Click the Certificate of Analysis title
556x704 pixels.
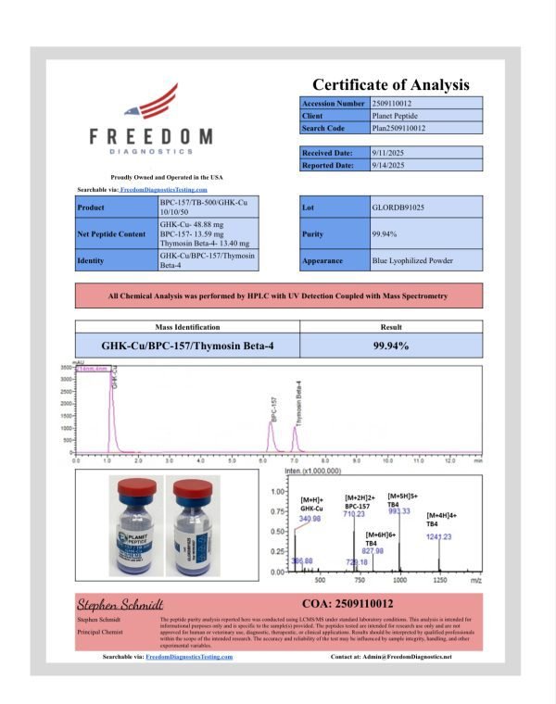[390, 84]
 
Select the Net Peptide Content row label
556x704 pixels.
[112, 234]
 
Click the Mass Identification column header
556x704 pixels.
[188, 328]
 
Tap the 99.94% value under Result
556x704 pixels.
[391, 346]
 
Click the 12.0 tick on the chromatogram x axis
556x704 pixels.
[449, 459]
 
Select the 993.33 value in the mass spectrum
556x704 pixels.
[400, 511]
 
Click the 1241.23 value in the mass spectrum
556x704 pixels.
[440, 537]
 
